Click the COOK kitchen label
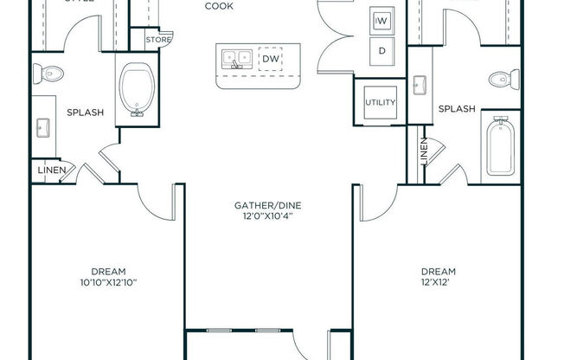coord(218,6)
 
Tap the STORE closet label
coord(157,39)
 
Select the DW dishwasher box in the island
coord(270,59)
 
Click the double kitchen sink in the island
coord(235,59)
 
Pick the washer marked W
coord(381,20)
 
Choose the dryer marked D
coord(381,49)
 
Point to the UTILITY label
coord(380,103)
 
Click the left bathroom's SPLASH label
coord(85,112)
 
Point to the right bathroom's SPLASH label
coord(456,109)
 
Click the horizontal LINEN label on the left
coord(50,171)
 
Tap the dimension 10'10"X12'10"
coord(107,282)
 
